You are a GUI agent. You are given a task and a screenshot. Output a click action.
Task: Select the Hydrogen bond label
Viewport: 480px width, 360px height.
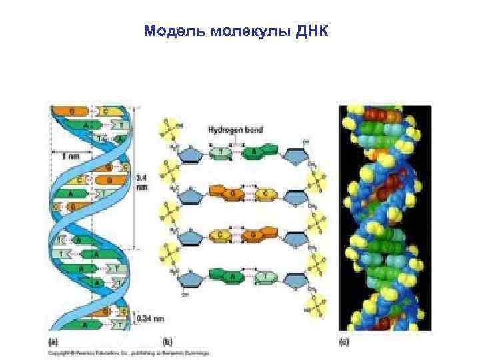point(230,131)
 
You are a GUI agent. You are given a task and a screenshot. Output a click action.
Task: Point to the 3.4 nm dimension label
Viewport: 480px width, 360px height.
point(142,183)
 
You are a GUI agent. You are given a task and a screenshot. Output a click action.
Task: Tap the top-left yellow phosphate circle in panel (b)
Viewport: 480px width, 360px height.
point(169,129)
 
